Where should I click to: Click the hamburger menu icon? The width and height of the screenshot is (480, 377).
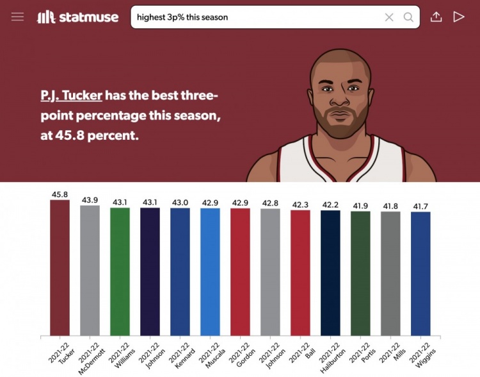[x=17, y=17]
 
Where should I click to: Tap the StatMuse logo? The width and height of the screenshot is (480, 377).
[x=78, y=17]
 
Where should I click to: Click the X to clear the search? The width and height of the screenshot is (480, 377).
[x=389, y=17]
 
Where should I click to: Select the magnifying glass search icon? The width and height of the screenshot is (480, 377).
[x=408, y=17]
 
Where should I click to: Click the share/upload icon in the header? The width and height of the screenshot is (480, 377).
[x=436, y=17]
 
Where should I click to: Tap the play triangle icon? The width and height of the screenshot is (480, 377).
[x=458, y=17]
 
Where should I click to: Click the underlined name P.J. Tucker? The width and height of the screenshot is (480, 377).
[x=71, y=96]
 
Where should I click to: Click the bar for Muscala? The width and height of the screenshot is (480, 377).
[x=210, y=272]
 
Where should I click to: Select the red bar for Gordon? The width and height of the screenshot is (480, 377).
[x=240, y=272]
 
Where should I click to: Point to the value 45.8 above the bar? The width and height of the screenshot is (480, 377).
[x=60, y=194]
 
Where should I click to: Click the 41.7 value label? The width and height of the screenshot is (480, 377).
[x=420, y=206]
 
